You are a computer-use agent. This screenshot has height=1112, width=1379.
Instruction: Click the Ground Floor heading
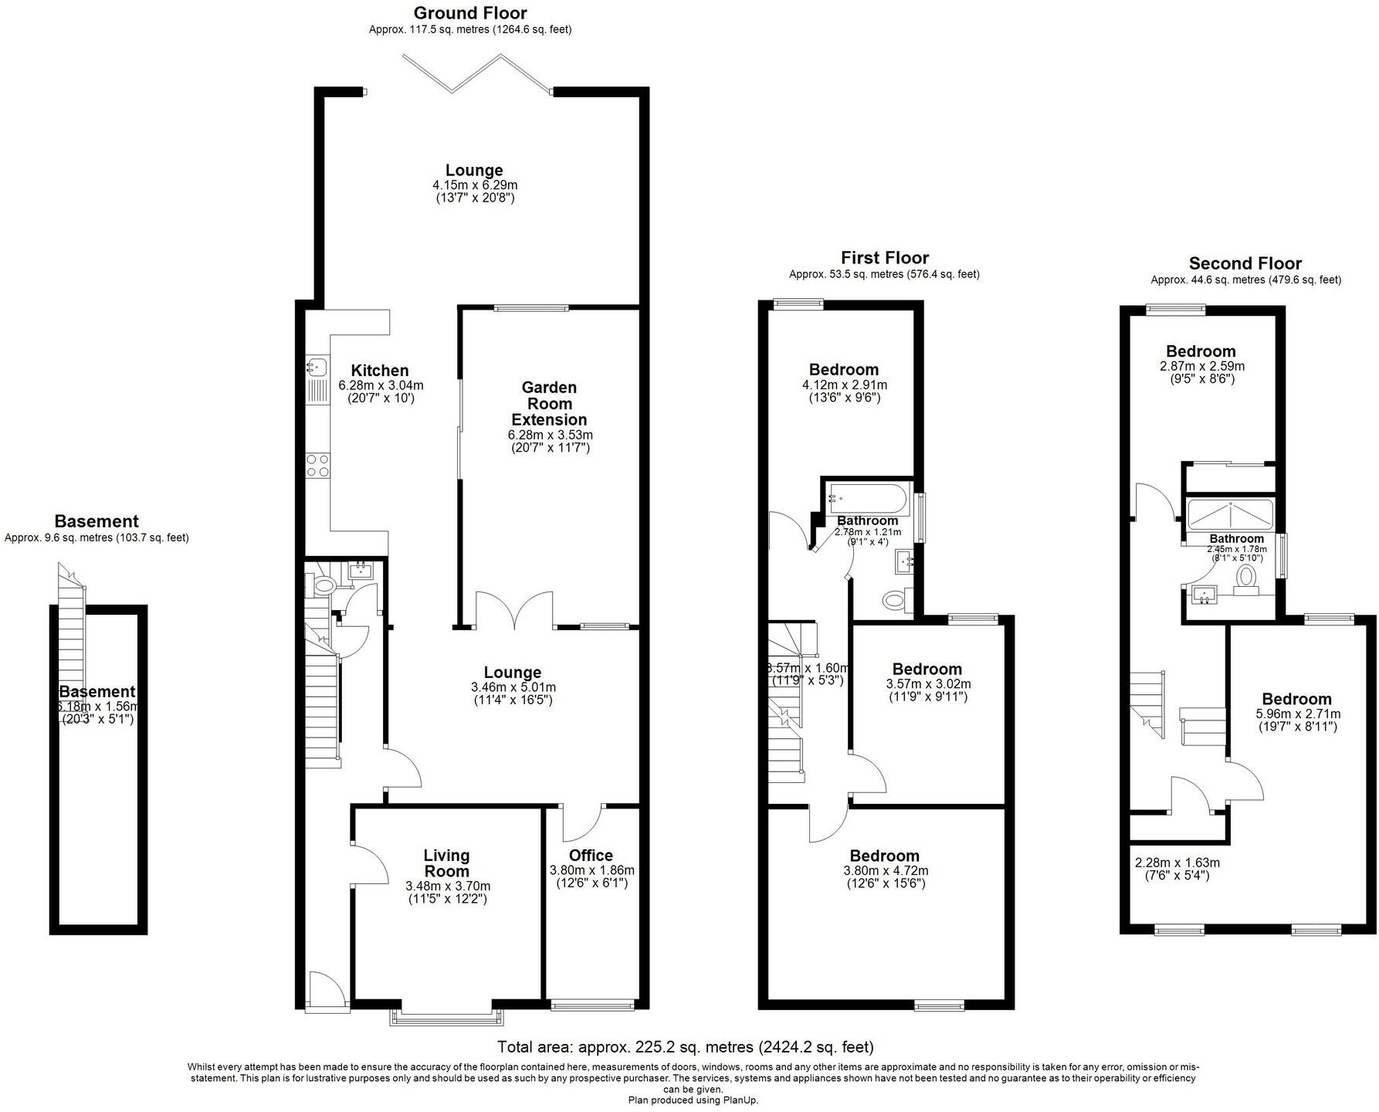click(x=470, y=13)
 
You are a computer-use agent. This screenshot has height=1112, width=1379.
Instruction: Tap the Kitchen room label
click(x=380, y=371)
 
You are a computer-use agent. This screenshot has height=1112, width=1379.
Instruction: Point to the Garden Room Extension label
click(x=550, y=404)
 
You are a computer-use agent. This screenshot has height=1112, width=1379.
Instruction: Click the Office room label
click(x=591, y=856)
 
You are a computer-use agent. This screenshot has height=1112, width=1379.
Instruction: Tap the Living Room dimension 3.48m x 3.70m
click(x=448, y=887)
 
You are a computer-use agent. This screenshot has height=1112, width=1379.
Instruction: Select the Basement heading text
click(x=97, y=521)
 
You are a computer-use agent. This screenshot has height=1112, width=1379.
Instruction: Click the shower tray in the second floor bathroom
click(x=1229, y=513)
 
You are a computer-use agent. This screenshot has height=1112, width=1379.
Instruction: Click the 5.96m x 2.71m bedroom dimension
click(x=1298, y=714)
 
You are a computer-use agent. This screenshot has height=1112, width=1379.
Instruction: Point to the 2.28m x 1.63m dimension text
click(x=1177, y=863)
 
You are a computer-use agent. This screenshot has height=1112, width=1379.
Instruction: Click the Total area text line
click(x=686, y=1047)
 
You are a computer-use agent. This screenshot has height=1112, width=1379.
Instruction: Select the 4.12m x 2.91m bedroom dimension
click(x=844, y=385)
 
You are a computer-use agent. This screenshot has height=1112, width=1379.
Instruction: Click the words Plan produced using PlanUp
click(x=693, y=1100)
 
